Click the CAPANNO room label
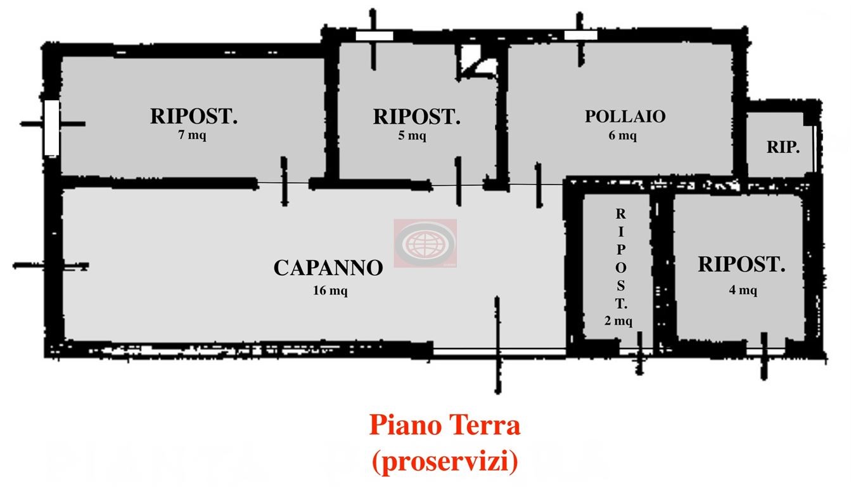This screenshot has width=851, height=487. click(328, 268)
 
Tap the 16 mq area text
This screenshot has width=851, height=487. click(330, 291)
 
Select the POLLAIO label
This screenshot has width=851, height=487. click(625, 116)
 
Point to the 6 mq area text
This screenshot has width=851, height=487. click(623, 135)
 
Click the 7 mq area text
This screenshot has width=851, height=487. click(192, 135)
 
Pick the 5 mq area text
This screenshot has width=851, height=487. click(413, 135)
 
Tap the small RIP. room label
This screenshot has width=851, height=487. click(783, 147)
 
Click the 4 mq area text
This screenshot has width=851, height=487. click(743, 290)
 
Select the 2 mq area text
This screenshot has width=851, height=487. click(618, 321)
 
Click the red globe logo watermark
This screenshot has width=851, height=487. click(425, 243)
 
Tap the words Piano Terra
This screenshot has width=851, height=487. click(445, 425)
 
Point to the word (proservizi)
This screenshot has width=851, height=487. click(445, 462)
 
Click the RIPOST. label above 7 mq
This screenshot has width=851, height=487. click(194, 116)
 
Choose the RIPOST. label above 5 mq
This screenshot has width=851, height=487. click(417, 117)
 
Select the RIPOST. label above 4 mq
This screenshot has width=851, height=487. click(741, 264)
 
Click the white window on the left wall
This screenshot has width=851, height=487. click(52, 127)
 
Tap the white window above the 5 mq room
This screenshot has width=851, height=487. click(374, 36)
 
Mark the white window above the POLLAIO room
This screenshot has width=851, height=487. click(580, 36)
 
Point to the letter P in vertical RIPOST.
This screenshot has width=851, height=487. click(621, 250)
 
